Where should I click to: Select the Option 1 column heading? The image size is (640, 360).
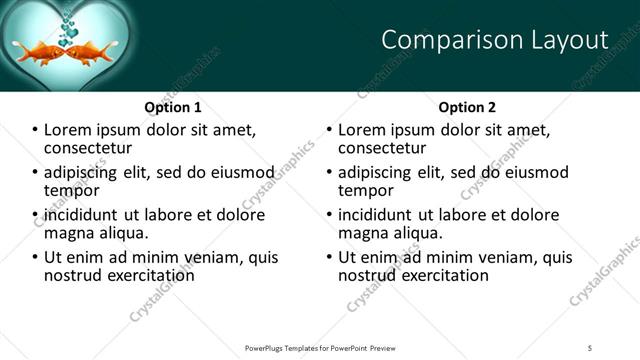[173, 107]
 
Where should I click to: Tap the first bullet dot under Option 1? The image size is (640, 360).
[36, 130]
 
